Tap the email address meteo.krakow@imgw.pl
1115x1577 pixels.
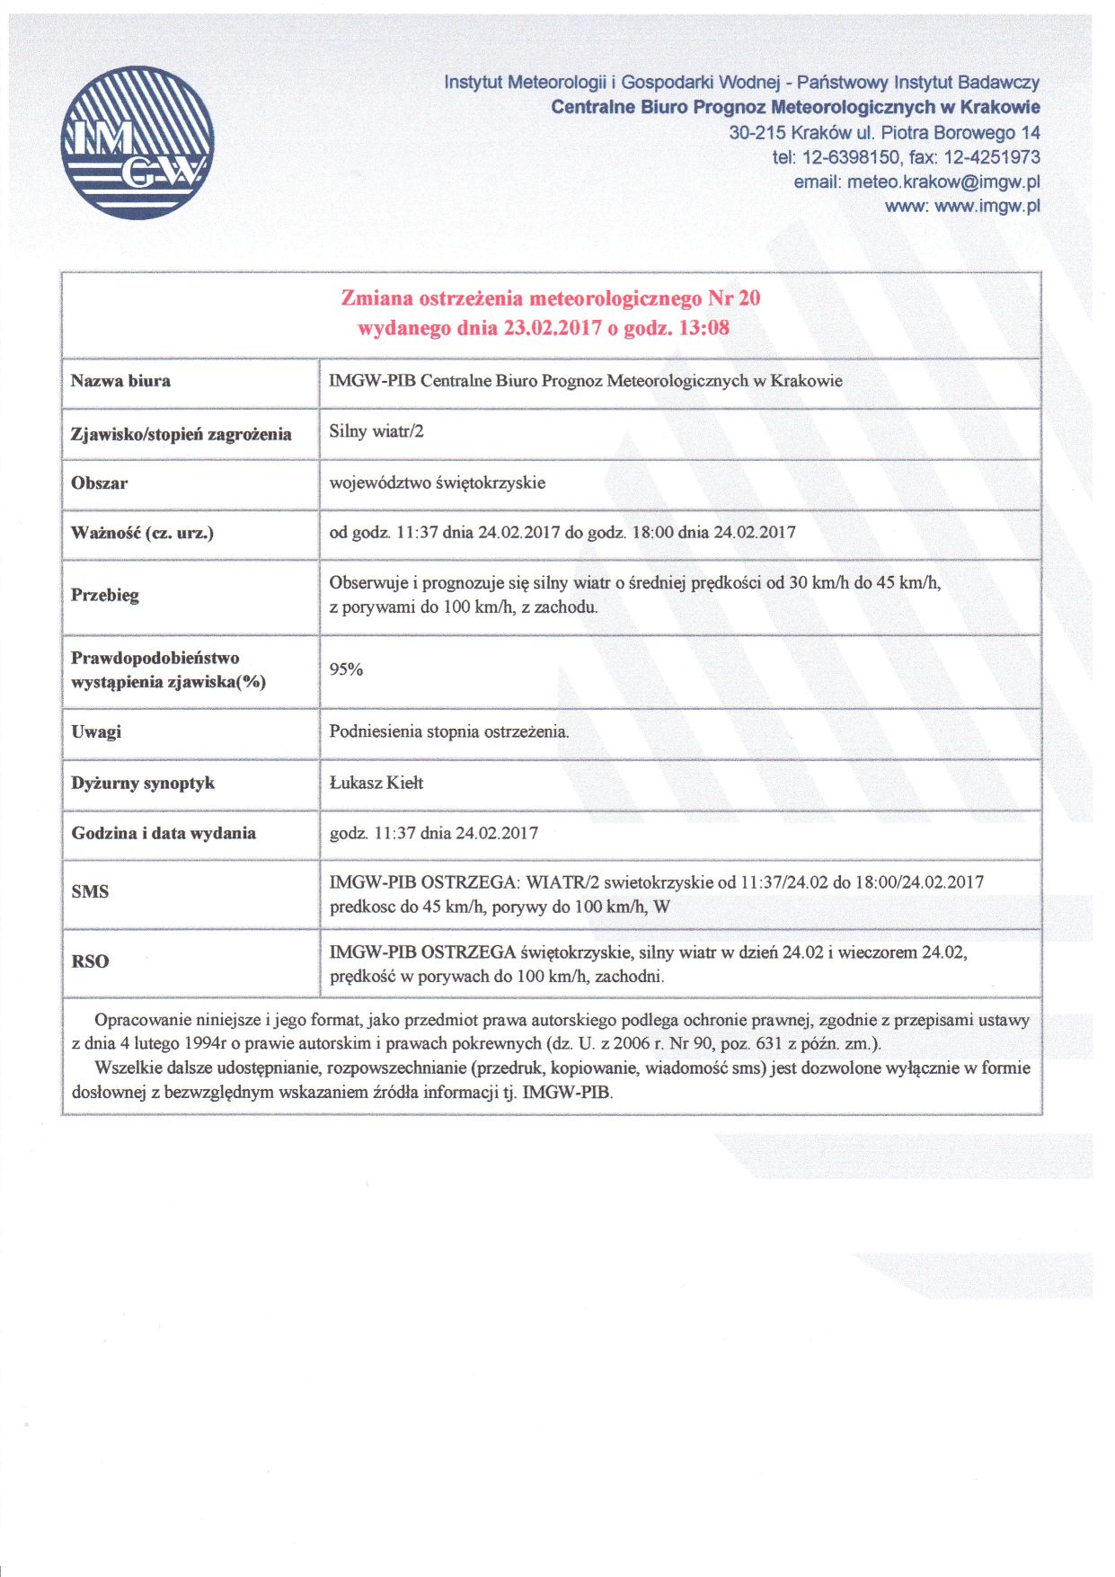(943, 182)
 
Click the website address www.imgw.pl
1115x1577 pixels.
(987, 206)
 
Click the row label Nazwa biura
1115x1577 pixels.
(120, 381)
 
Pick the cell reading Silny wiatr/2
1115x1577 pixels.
(376, 431)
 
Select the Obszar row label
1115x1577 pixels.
(99, 483)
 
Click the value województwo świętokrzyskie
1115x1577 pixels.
(438, 483)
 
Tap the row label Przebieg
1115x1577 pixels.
(105, 595)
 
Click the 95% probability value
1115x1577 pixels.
(346, 669)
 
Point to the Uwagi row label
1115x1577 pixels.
(96, 732)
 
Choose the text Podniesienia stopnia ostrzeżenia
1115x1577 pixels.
(449, 731)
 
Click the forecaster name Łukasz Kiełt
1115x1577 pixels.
(376, 783)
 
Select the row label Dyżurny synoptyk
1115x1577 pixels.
(143, 784)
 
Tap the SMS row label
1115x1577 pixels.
(90, 892)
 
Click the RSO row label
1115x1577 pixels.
(90, 961)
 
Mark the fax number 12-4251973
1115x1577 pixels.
(991, 157)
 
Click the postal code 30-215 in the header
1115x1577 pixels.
(757, 133)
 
